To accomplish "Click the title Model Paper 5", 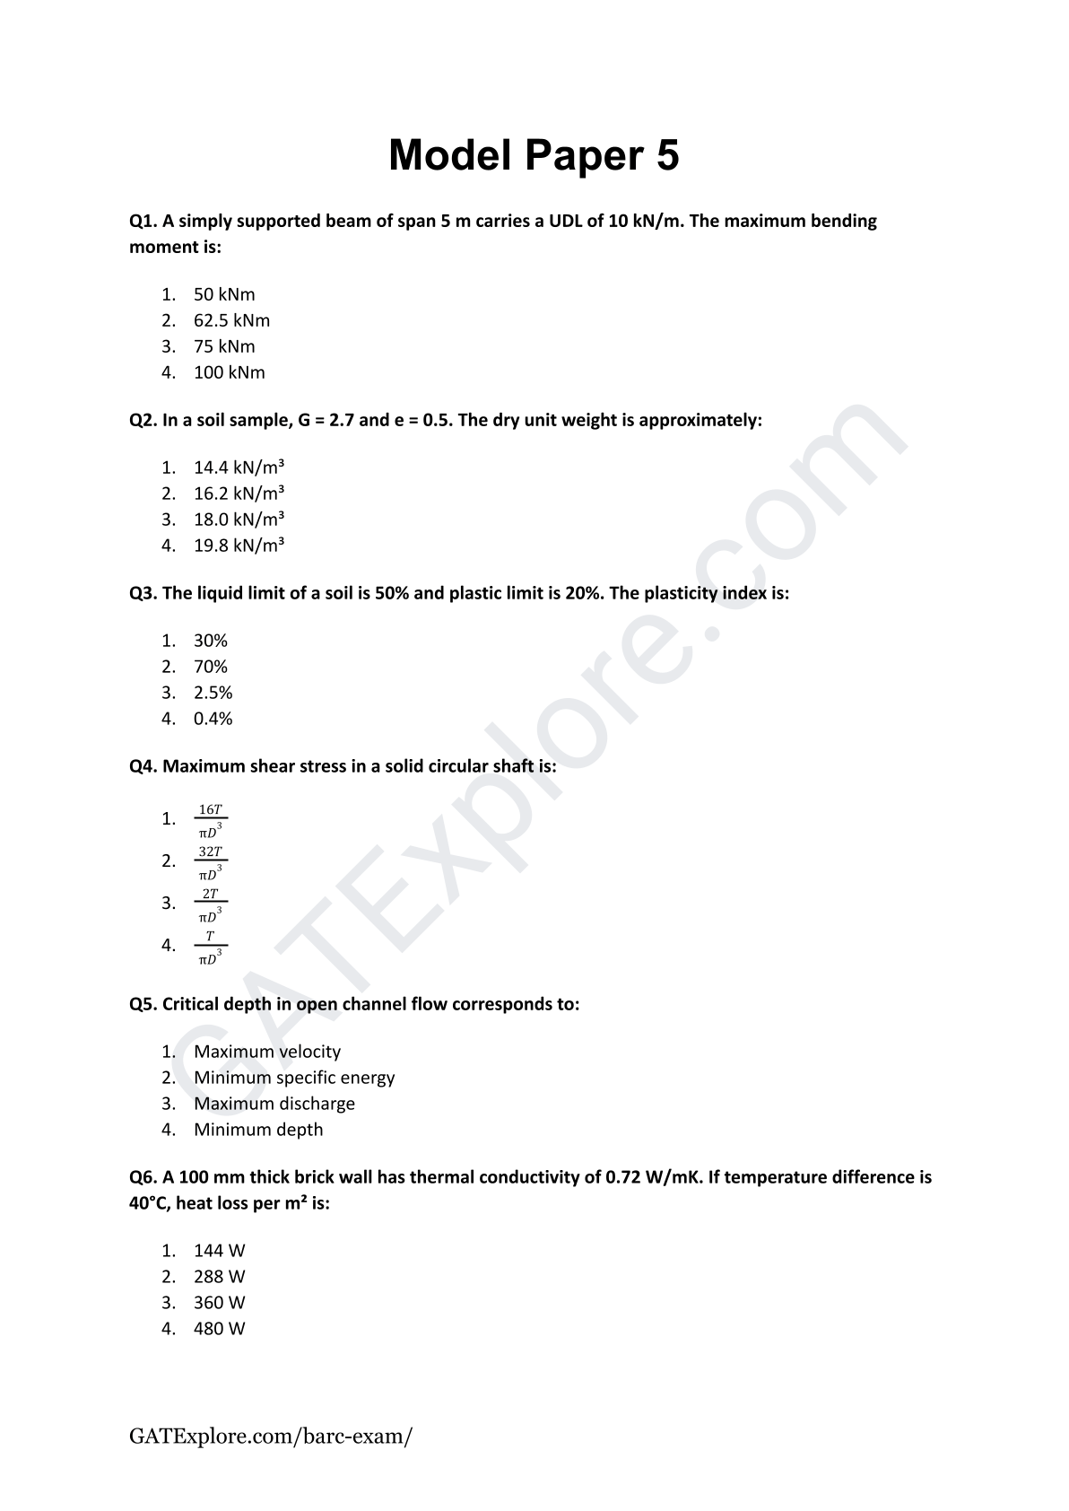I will point(534,155).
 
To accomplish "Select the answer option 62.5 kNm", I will point(231,320).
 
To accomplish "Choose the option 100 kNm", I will point(229,372).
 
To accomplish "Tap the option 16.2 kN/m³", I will point(239,493).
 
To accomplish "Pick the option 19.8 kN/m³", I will point(239,546).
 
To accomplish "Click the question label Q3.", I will point(143,593).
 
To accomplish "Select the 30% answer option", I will point(211,641).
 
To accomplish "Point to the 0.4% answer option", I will point(213,719).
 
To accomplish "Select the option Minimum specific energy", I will point(294,1078).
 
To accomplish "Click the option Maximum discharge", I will point(274,1104).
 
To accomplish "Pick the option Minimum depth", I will point(258,1130).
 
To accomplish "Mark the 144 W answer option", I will point(219,1251).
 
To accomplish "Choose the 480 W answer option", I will point(219,1329).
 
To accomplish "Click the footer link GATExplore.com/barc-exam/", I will point(271,1436).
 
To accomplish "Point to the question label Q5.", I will point(143,1004).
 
